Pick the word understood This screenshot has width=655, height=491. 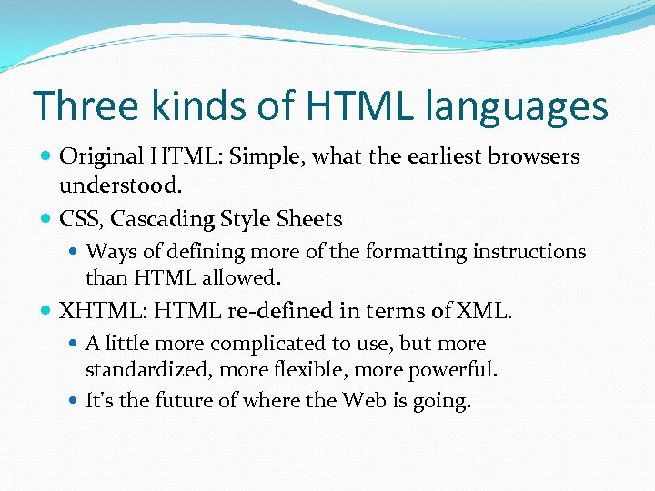coord(121,185)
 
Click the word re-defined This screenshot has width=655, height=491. coord(283,311)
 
